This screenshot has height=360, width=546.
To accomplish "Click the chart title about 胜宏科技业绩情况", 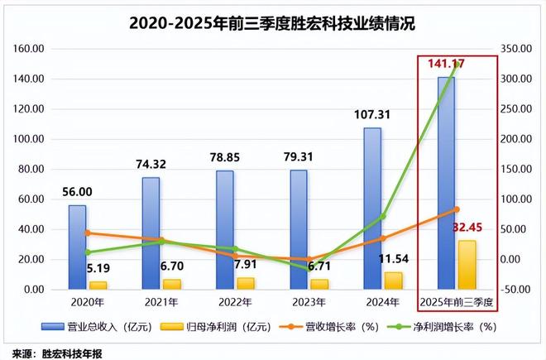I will point(272,24).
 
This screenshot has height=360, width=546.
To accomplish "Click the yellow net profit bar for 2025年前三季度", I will point(467,265).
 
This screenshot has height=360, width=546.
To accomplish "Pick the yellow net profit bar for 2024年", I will point(393,281).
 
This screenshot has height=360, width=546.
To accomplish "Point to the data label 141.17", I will point(447,63).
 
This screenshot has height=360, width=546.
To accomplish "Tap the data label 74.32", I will point(151,164).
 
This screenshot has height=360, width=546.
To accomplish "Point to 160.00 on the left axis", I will point(30,49).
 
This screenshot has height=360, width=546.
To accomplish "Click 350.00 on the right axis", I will point(519,49).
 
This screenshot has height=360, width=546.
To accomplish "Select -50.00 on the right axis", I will point(519,290).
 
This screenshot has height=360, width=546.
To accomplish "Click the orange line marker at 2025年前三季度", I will point(457,209).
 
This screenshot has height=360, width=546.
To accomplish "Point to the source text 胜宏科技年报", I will point(74,351).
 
